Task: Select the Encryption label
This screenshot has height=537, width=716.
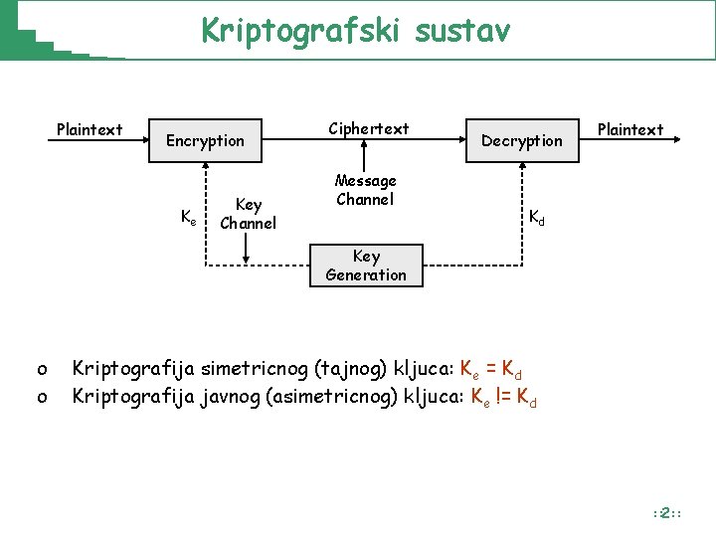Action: [x=205, y=141]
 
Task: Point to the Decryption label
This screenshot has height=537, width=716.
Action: [x=522, y=141]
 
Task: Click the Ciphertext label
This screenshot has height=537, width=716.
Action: [x=368, y=129]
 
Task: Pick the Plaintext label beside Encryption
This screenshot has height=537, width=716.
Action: [x=89, y=129]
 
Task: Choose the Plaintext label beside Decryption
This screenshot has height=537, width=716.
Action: [x=629, y=129]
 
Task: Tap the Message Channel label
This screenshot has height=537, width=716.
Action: [x=366, y=190]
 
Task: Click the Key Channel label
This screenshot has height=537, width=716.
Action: [x=248, y=214]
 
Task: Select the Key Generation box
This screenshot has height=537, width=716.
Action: [x=366, y=266]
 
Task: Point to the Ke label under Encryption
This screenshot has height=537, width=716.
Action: [x=187, y=217]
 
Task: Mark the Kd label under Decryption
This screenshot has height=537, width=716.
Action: [x=537, y=216]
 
